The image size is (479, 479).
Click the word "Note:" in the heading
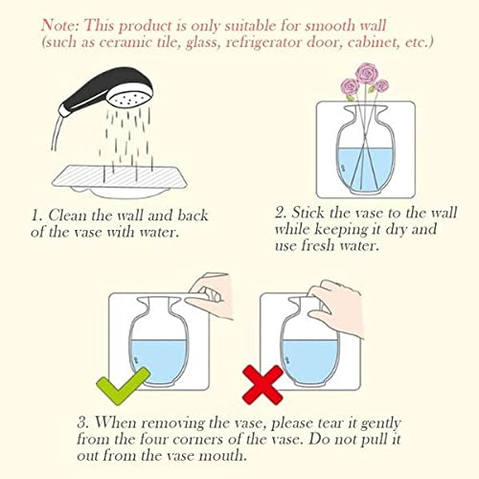click(63, 23)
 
